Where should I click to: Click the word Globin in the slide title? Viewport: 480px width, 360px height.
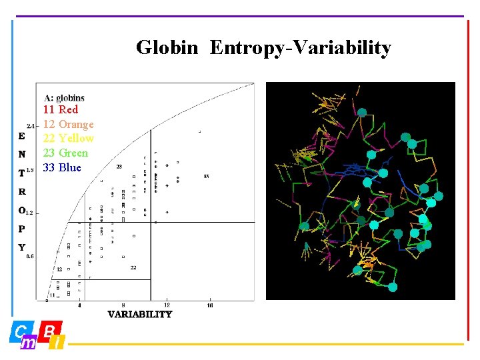point(167,48)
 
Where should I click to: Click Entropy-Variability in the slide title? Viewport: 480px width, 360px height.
point(300,48)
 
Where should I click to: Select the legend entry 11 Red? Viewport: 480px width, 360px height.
point(61,109)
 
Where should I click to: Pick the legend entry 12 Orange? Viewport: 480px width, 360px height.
point(69,124)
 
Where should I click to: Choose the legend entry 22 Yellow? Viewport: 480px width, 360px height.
point(69,139)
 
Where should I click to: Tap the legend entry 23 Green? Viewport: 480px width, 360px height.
point(65,153)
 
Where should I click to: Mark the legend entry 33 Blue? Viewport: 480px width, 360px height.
point(62,168)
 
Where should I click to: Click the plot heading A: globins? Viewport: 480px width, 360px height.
point(65,98)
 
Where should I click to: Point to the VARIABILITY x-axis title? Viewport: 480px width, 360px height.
point(140,315)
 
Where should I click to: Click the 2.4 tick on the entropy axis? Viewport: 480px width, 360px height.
point(31,125)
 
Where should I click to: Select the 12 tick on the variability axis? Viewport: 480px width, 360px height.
point(167,305)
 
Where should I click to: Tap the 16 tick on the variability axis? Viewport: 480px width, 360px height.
point(210,305)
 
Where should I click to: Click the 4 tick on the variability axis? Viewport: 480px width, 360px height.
point(80,305)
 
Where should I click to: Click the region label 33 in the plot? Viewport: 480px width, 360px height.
point(206,177)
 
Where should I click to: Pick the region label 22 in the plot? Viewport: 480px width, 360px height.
point(133,267)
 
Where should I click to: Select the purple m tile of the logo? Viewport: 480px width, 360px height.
point(29,343)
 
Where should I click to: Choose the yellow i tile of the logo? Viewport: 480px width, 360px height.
point(58,343)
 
